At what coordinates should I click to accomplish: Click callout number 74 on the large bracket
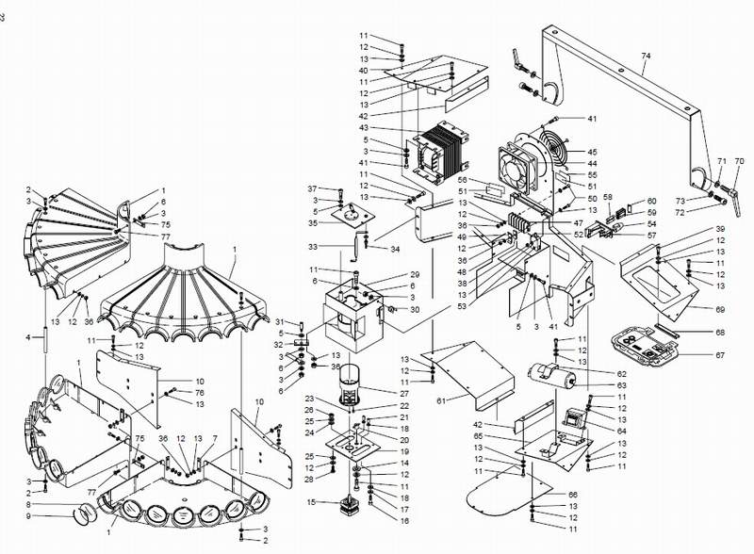tap(646, 57)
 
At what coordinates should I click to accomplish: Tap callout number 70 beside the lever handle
tap(739, 161)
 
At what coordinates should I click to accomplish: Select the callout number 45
tap(593, 152)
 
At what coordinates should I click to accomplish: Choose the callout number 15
tap(313, 503)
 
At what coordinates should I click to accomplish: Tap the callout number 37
tap(312, 188)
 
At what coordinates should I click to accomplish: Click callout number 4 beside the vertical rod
tap(28, 336)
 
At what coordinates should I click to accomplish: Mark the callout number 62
tap(595, 374)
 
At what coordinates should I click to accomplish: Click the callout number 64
tap(595, 431)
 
